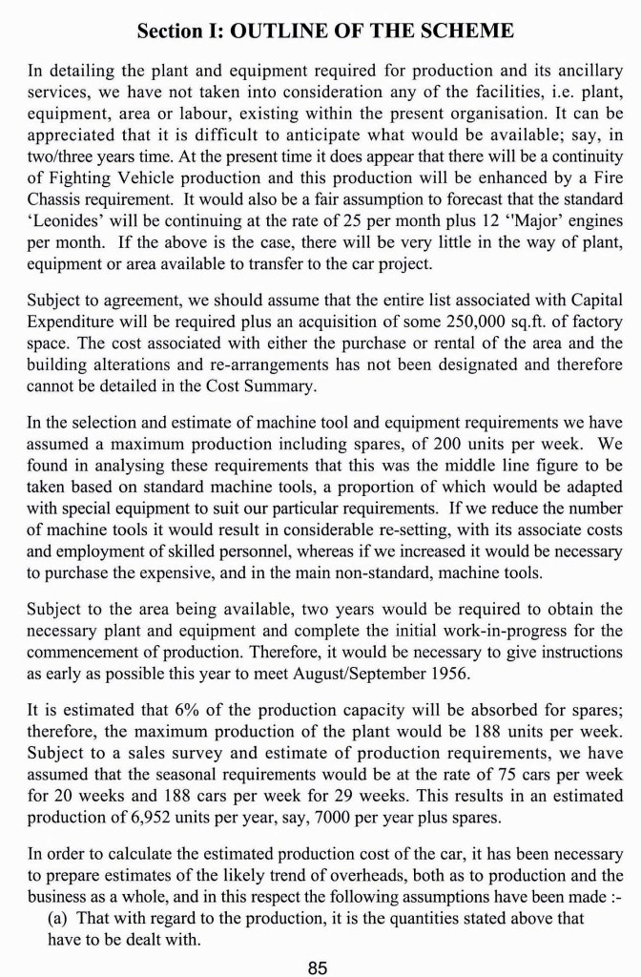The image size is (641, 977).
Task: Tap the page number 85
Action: [319, 967]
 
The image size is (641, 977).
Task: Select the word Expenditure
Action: [73, 318]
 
